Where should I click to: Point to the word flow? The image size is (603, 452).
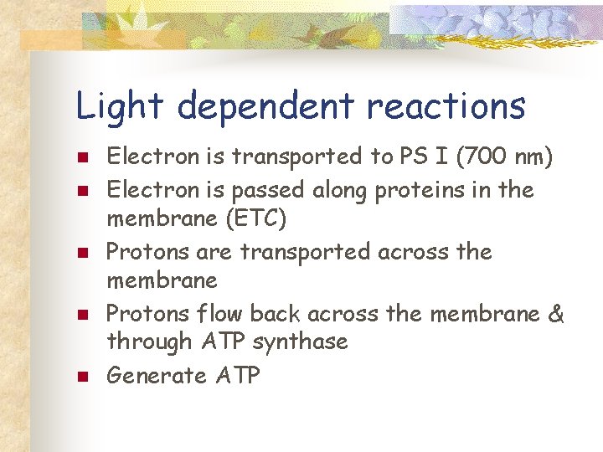tap(212, 314)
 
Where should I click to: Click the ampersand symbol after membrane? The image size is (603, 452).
tap(557, 314)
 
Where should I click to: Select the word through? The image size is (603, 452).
tap(149, 342)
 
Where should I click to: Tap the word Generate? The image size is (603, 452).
tap(157, 376)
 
